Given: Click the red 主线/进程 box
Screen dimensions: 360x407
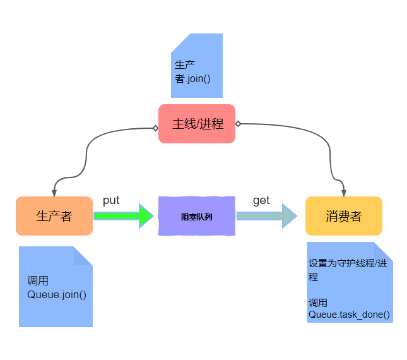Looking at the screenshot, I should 197,124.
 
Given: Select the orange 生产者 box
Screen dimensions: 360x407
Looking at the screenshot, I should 54,216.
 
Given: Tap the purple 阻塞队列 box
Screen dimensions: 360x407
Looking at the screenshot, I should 196,217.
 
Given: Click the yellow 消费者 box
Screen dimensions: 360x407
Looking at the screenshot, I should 344,216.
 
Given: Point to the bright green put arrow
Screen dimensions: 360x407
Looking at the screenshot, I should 124,216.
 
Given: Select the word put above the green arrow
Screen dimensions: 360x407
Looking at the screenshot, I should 111,200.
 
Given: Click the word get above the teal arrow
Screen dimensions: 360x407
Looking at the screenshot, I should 261,200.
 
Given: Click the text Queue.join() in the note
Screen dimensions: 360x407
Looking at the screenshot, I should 57,294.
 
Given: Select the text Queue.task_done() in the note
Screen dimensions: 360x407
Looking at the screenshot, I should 349,314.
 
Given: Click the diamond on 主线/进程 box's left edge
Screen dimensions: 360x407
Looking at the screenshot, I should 155,128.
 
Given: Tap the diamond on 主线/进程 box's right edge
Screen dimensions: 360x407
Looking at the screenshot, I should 238,124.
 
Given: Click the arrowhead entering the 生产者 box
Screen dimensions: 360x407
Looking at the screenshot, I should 55,193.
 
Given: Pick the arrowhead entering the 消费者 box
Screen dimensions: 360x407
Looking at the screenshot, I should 343,193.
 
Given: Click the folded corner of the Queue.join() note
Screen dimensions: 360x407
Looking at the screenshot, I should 84,255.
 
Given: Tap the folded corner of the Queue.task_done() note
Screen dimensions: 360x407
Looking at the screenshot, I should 384,251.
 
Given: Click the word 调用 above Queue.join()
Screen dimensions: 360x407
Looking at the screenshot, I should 38,281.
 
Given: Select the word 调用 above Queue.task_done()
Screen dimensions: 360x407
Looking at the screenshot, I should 318,303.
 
